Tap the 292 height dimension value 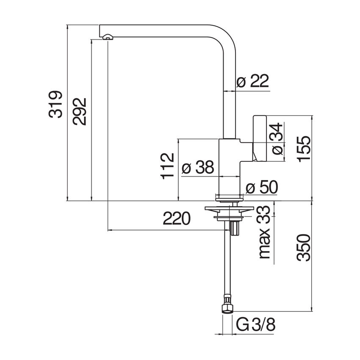pos(80,111)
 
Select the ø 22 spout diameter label pos(253,81)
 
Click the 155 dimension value pos(304,149)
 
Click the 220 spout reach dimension pos(177,219)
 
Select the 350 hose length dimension pos(304,247)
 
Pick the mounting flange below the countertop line pos(229,208)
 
